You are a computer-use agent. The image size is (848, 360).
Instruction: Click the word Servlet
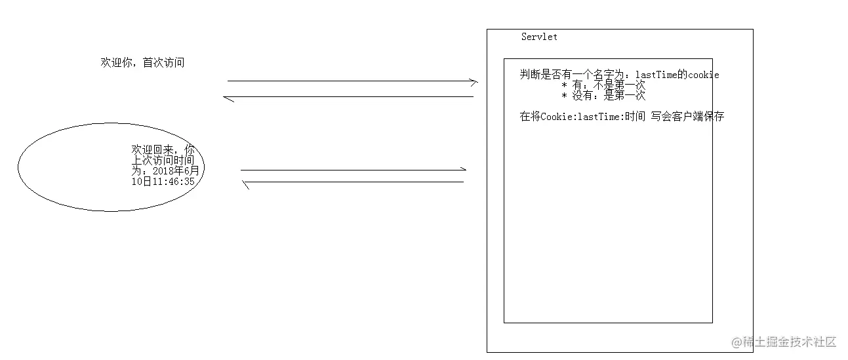[x=539, y=37]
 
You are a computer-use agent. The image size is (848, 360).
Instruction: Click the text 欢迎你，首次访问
[x=142, y=63]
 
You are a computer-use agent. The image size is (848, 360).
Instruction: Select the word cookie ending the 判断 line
[x=703, y=75]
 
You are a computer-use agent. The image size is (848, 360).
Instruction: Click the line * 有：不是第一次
[x=603, y=86]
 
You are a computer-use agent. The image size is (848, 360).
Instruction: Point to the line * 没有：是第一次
[x=603, y=96]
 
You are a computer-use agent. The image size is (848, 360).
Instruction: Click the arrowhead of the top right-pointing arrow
[x=474, y=81]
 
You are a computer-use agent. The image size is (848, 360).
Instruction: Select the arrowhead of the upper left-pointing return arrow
[x=228, y=98]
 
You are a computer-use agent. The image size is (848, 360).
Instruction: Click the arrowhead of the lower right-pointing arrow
[x=462, y=170]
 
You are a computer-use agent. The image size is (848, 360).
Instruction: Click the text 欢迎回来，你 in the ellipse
[x=163, y=150]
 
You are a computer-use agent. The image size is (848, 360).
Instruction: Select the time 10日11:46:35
[x=163, y=182]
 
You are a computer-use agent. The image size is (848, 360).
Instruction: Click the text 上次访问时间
[x=163, y=160]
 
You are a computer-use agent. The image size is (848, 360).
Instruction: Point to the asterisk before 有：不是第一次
[x=564, y=86]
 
